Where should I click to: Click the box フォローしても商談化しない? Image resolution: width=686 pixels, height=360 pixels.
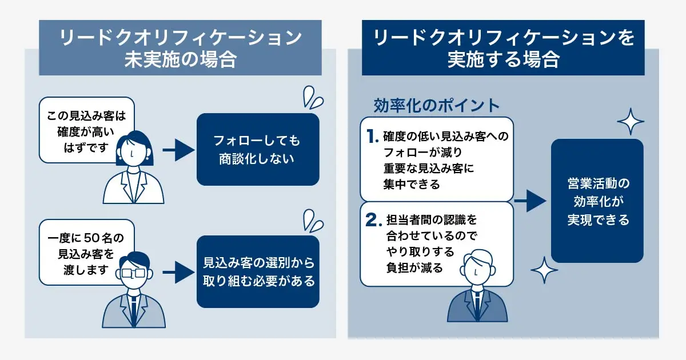pos(257,149)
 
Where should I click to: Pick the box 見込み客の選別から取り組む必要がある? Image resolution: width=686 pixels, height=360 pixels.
pos(257,272)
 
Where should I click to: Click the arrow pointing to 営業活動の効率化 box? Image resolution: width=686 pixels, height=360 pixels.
pos(530,201)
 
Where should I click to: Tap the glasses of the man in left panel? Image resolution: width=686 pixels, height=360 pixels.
pos(133,273)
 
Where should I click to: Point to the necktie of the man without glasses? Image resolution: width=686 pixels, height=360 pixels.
pos(476,302)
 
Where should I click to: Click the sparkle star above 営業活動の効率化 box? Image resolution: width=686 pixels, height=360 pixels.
pos(631,122)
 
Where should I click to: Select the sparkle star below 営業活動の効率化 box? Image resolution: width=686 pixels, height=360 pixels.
pos(544,268)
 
